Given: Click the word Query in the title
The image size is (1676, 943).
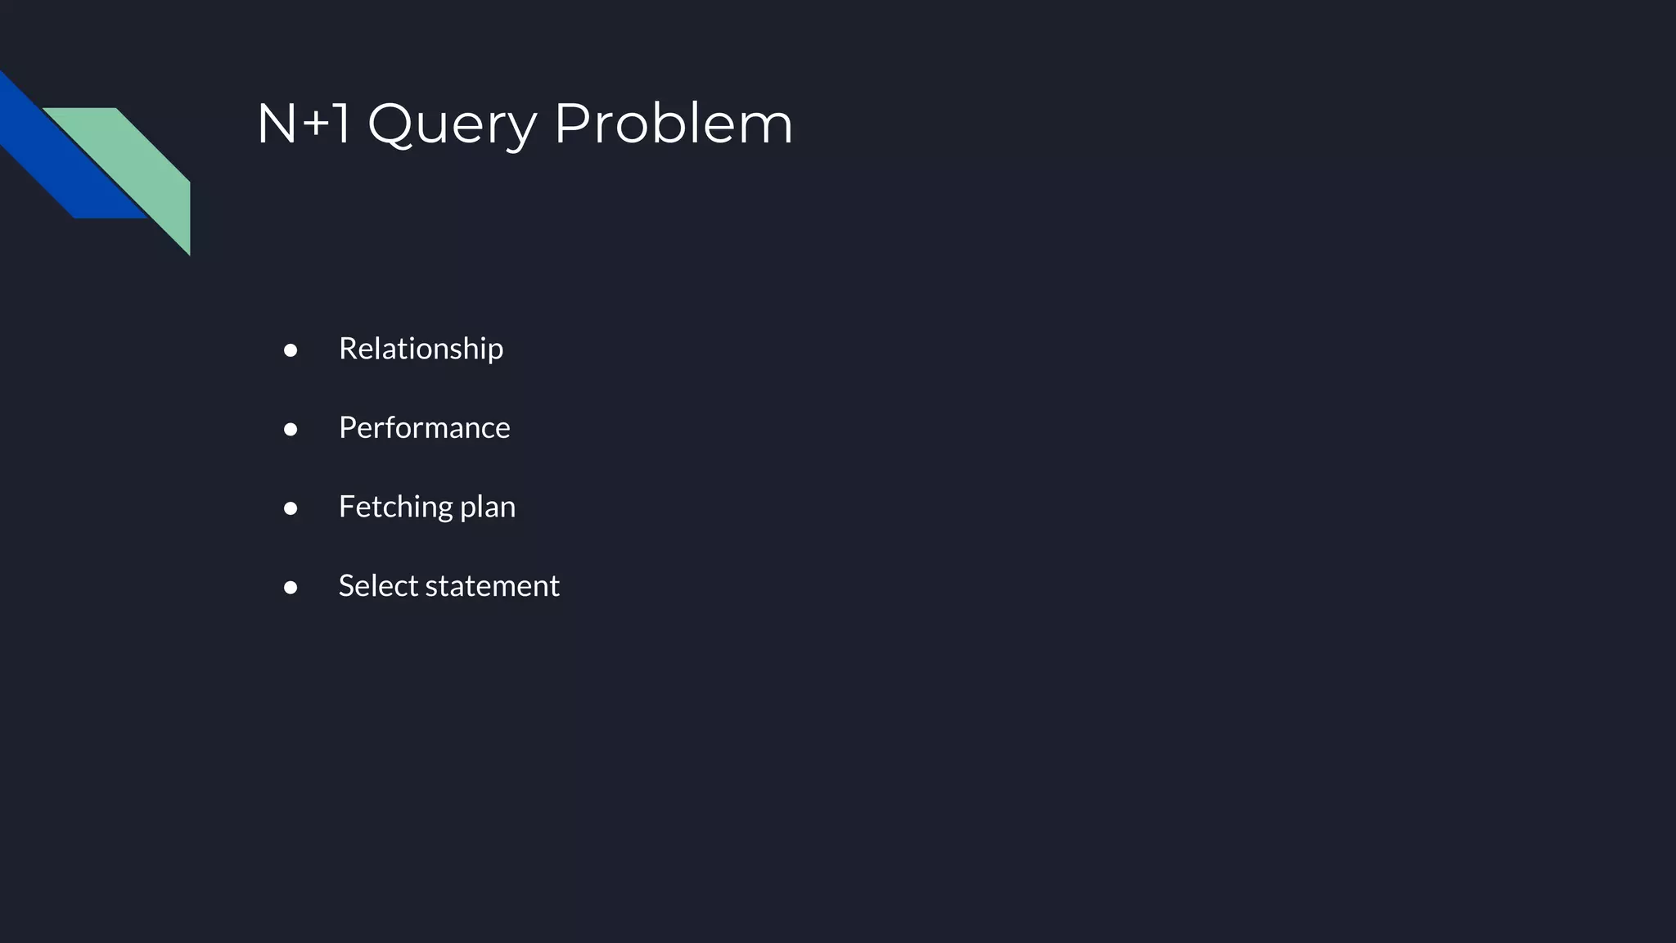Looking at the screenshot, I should click(452, 124).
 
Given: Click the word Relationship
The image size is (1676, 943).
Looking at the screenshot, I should click(421, 349).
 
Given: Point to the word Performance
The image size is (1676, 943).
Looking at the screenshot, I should click(424, 428).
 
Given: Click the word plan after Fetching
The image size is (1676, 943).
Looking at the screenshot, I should click(488, 508).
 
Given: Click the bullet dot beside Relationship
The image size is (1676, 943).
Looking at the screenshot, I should click(291, 350).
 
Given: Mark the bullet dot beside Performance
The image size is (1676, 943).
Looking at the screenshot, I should click(291, 430).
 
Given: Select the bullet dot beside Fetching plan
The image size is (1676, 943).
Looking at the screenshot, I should click(291, 508).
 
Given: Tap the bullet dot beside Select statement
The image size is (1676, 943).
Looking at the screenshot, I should click(291, 588).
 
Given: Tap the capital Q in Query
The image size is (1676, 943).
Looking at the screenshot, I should click(390, 124).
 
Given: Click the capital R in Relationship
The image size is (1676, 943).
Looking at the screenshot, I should click(348, 349).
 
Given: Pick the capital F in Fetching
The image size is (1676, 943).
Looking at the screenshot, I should click(346, 507).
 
